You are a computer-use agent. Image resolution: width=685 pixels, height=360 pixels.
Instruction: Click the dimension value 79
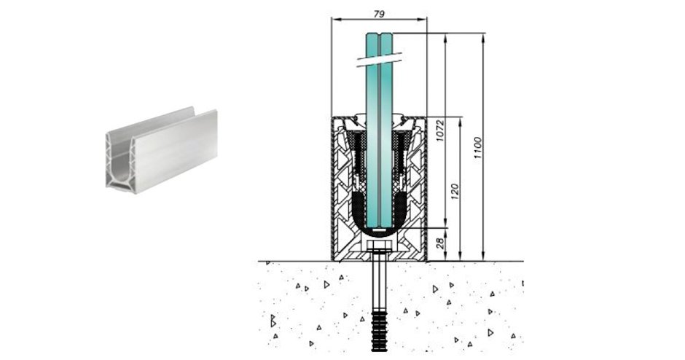379,14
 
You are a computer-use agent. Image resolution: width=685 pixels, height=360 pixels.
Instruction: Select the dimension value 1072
440,130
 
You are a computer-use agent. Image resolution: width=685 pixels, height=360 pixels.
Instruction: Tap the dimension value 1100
477,148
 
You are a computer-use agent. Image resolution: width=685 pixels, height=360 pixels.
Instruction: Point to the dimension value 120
454,192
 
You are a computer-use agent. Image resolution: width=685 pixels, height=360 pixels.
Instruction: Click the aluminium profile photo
161,148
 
